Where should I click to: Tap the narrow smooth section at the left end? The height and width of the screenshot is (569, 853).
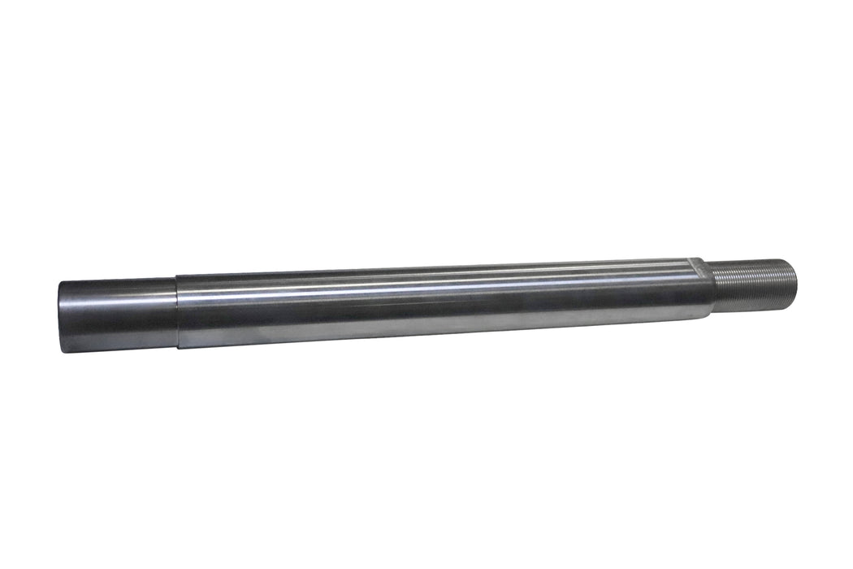(118, 315)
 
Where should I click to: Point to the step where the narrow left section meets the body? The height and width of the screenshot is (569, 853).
(178, 313)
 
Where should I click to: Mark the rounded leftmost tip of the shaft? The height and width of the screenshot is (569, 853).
(60, 317)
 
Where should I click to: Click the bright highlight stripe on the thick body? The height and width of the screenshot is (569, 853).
(439, 285)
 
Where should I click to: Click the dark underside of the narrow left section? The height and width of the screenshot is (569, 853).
(118, 341)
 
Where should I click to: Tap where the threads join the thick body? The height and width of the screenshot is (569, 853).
(714, 286)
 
